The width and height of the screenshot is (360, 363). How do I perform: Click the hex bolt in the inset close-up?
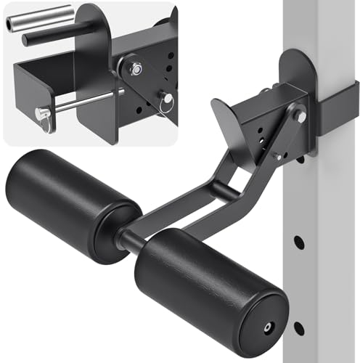tap(136, 68)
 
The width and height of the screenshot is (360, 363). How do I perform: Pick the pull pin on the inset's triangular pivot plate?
tap(165, 99)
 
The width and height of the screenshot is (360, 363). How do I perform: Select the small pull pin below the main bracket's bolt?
tap(277, 155)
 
